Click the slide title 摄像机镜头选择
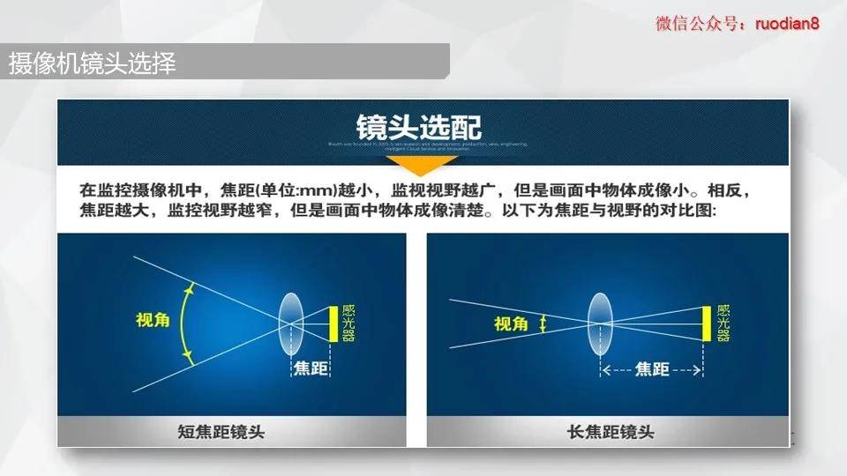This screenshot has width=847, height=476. pos(92,64)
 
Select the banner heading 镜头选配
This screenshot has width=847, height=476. pos(419,125)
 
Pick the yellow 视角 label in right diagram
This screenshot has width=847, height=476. pos(511,324)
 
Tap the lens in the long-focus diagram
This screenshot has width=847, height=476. pos(600,324)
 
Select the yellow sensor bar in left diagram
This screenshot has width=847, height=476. pos(334,324)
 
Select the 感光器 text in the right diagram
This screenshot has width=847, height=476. pos(723,323)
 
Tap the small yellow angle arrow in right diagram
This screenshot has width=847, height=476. pos(543,324)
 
